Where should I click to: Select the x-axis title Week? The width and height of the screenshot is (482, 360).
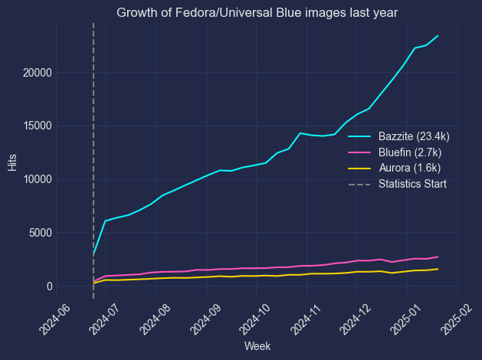click(257, 346)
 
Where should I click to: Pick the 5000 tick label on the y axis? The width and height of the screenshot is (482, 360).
click(40, 233)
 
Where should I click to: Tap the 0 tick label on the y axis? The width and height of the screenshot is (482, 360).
click(48, 286)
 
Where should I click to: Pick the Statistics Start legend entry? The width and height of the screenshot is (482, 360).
click(412, 184)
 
